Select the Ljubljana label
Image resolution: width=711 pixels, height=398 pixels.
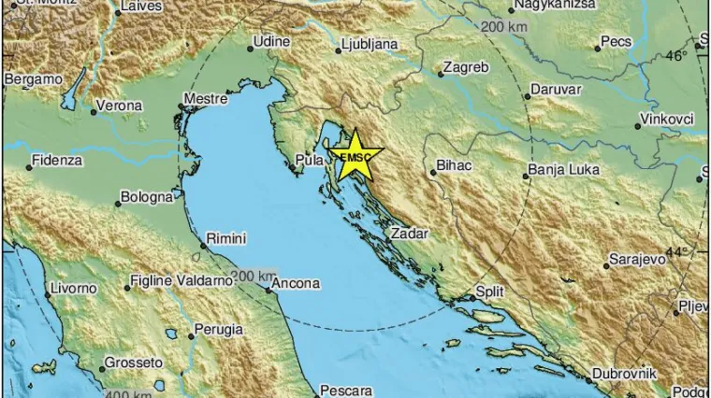click(x=370, y=43)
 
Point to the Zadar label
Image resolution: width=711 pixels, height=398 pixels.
click(x=410, y=234)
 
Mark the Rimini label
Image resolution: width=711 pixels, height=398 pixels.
click(x=225, y=239)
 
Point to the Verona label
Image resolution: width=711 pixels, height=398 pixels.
click(x=122, y=107)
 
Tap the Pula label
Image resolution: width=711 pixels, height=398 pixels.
click(x=308, y=160)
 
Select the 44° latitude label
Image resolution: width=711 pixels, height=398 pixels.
click(x=676, y=252)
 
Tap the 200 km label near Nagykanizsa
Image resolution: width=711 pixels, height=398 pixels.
click(x=504, y=26)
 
